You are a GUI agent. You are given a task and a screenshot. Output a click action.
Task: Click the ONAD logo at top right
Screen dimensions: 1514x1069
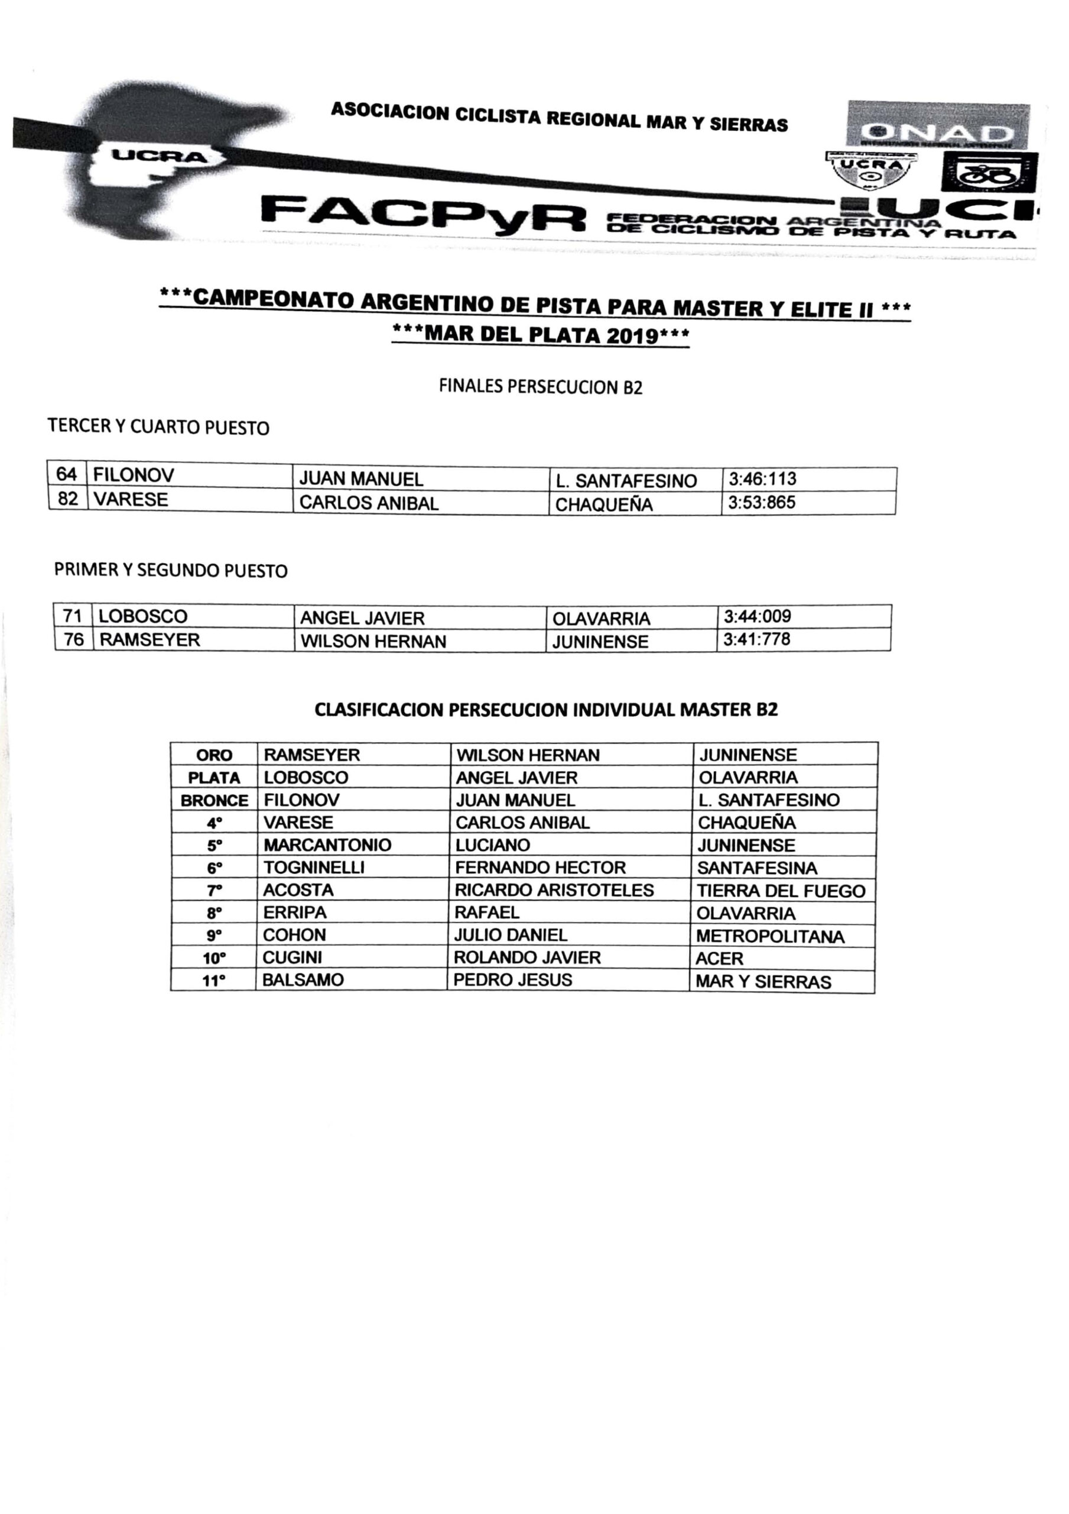click(x=938, y=125)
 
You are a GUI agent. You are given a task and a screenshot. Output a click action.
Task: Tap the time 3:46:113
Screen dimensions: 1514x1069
click(x=762, y=478)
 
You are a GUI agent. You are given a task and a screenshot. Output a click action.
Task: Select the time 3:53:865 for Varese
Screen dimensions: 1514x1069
click(x=762, y=503)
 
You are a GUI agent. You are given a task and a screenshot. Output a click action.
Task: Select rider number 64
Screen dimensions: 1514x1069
click(x=67, y=475)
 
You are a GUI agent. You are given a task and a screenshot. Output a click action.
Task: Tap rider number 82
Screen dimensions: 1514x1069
click(x=68, y=499)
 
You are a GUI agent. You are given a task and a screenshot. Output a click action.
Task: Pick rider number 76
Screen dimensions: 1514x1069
click(x=73, y=640)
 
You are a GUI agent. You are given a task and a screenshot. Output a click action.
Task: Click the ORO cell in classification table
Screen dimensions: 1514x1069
click(x=214, y=755)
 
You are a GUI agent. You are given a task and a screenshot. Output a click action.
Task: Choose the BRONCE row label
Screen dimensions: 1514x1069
click(x=214, y=801)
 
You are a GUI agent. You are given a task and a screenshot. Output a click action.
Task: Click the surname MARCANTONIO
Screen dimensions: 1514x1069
click(x=327, y=845)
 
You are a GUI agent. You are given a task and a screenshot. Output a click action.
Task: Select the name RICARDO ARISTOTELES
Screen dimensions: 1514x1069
click(x=554, y=890)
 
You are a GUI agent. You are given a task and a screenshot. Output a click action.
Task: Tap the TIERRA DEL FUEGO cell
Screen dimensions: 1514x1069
click(x=781, y=891)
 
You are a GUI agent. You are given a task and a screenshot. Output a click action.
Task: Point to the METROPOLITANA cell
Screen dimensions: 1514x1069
click(x=770, y=936)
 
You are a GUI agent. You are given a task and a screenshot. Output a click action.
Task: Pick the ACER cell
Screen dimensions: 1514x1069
click(x=719, y=959)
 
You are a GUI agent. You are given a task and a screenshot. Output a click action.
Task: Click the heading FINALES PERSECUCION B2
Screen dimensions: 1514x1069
click(x=541, y=386)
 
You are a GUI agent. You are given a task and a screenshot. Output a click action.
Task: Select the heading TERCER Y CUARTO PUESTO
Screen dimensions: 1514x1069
click(x=158, y=428)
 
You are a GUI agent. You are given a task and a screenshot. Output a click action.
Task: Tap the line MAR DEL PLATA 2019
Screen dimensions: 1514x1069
click(x=541, y=335)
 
